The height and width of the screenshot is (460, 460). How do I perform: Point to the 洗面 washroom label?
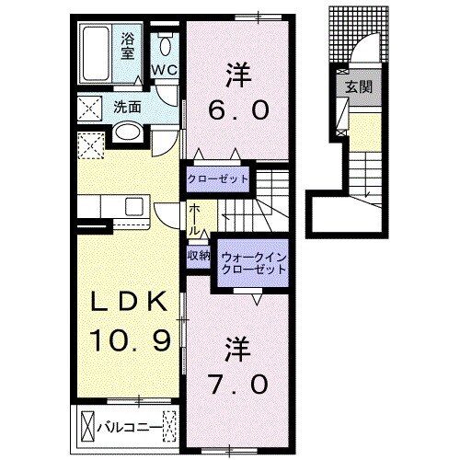coord(127,107)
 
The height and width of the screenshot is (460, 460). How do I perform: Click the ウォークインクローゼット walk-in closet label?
coord(251,264)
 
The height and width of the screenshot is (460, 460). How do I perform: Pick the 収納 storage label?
coord(199,256)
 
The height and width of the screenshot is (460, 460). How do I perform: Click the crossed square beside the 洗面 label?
coord(90,108)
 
